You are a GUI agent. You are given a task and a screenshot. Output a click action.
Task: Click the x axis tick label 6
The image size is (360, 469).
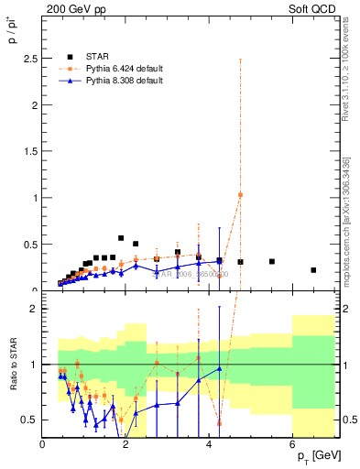pos(292,444)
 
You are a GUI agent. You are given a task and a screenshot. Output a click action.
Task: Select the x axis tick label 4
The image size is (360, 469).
pos(209,444)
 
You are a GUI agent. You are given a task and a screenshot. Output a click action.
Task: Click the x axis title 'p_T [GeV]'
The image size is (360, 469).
pos(313,456)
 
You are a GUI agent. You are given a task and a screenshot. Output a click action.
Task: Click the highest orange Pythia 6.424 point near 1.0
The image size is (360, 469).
pos(240,194)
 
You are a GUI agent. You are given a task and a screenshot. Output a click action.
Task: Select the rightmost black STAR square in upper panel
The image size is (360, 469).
pos(313,270)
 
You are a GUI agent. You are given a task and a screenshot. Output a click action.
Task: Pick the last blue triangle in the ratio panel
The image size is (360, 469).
pos(220,368)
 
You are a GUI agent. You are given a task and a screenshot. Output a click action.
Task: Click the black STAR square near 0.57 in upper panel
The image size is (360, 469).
pos(121,238)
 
